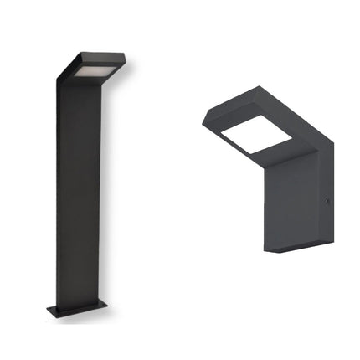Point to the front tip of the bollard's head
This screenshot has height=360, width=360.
pos(123,60)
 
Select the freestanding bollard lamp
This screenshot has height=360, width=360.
pos(80,184)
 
